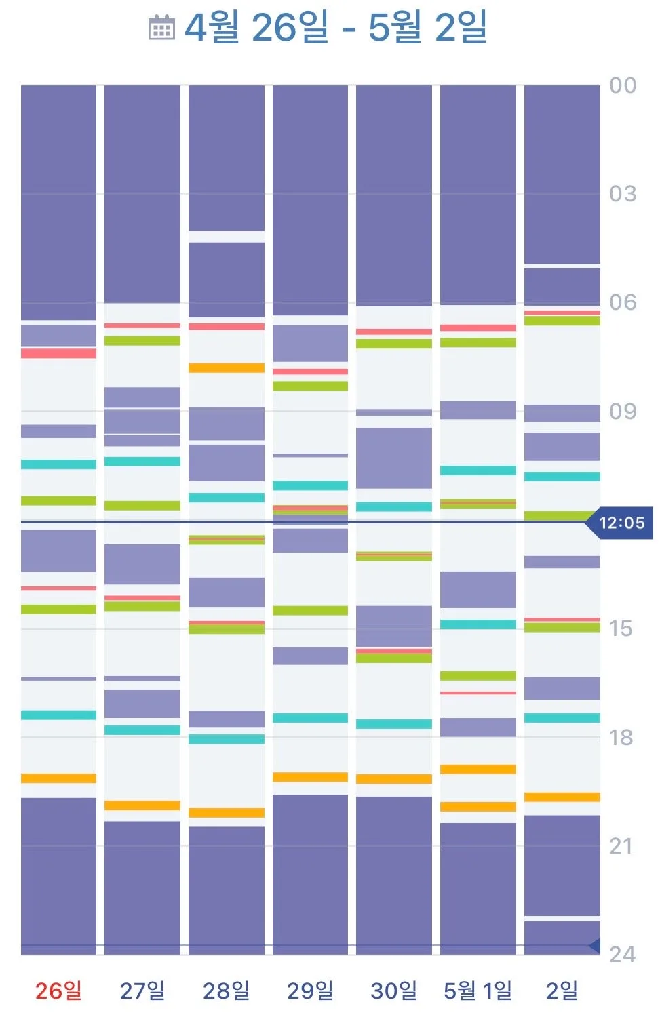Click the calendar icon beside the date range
click(x=161, y=27)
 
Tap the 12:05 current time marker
click(x=619, y=523)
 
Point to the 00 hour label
click(x=623, y=85)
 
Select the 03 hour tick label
click(x=623, y=194)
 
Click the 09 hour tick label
click(x=623, y=412)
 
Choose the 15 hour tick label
click(x=621, y=629)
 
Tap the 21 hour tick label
click(x=621, y=846)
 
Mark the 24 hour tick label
click(x=622, y=955)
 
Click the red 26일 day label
click(x=58, y=991)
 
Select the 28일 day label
click(x=226, y=991)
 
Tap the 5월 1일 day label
click(x=478, y=991)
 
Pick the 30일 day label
click(x=394, y=991)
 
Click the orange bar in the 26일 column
click(x=58, y=778)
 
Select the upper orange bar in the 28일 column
click(x=226, y=367)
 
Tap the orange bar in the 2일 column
click(x=562, y=797)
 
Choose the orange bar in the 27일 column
click(x=142, y=805)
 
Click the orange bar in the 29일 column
click(x=310, y=777)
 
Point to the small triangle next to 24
click(x=595, y=945)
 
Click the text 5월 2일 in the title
click(x=427, y=27)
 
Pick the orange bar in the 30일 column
click(x=394, y=779)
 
